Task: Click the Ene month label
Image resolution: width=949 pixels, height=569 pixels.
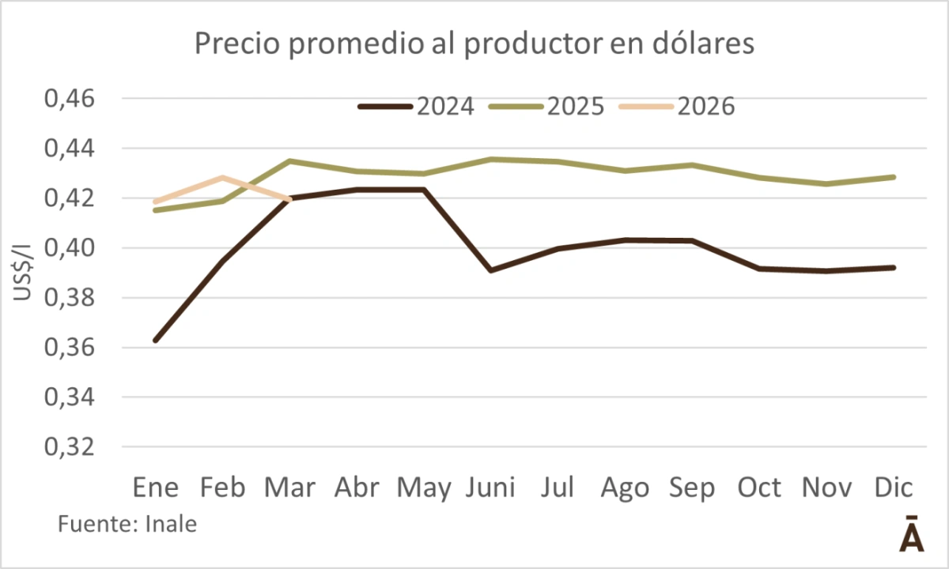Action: (156, 488)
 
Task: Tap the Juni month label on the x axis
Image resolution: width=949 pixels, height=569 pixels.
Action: (490, 488)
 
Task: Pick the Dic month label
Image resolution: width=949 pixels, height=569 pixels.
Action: (894, 488)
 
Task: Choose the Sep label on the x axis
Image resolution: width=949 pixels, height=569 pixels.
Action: (693, 488)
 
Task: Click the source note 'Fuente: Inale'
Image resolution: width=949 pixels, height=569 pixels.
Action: (127, 524)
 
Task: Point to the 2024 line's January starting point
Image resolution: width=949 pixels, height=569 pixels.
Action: (156, 341)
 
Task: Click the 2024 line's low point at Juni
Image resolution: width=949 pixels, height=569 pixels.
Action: (491, 270)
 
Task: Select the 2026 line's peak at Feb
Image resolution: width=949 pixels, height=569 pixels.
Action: (223, 177)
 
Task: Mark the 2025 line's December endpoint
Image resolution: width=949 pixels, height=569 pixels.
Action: (894, 177)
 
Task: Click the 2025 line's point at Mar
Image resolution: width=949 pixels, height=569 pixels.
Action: (290, 161)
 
